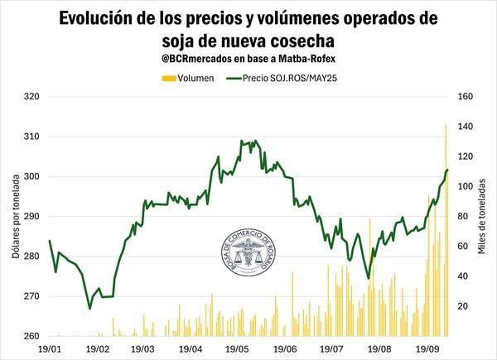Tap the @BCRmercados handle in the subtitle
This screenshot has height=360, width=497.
pos(194,60)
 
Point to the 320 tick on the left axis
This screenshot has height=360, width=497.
pos(31,97)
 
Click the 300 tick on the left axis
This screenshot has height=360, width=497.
pos(31,176)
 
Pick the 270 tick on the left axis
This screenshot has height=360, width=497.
pos(31,296)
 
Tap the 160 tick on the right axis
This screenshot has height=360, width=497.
pos(465,97)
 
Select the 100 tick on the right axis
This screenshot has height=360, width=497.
pos(465,186)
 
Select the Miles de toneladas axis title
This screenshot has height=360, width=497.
pos(481,216)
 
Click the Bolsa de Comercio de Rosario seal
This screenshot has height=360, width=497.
pos(248,248)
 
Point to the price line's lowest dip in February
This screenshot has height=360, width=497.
pos(89,309)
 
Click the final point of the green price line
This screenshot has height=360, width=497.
pos(447,170)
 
